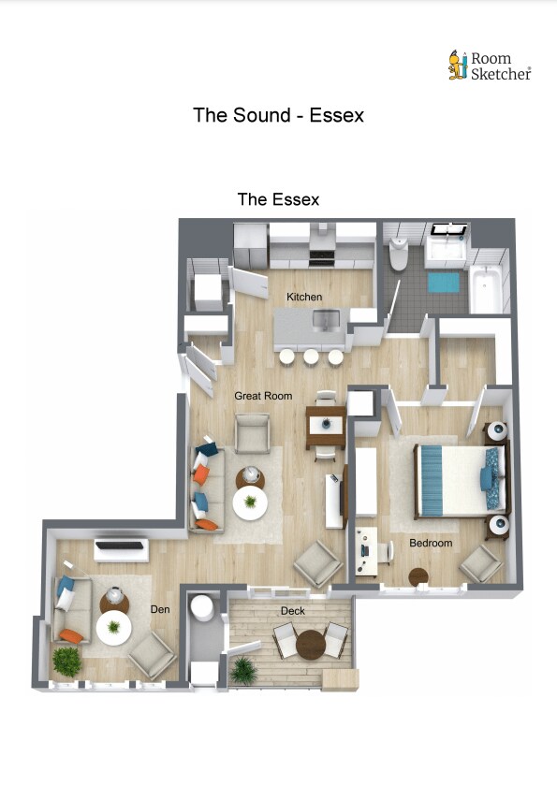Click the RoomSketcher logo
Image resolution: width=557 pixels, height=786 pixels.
(490, 65)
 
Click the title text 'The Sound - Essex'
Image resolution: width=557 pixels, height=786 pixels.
(278, 115)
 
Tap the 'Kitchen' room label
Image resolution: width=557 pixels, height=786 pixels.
(304, 297)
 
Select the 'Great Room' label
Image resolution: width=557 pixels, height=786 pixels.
(263, 396)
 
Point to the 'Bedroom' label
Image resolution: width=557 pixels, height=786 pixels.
(431, 543)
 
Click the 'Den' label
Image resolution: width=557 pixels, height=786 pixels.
(160, 609)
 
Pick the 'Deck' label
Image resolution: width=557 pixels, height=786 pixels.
(293, 611)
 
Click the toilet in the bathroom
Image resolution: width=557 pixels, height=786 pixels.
(399, 254)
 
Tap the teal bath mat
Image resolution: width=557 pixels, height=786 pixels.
(443, 283)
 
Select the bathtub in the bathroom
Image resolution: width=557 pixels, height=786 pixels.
(486, 289)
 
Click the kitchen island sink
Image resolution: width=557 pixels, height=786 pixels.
(327, 320)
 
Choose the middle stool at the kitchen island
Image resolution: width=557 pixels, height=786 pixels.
(311, 357)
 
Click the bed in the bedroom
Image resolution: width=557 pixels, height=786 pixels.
(459, 481)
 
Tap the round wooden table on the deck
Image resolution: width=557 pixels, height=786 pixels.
(311, 645)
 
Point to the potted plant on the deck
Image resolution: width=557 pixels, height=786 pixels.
(243, 670)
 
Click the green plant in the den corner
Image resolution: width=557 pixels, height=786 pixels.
(66, 662)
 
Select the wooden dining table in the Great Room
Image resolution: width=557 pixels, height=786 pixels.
(326, 427)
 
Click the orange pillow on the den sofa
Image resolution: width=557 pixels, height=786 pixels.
(71, 636)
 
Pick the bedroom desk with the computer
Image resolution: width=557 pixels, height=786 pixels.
(366, 551)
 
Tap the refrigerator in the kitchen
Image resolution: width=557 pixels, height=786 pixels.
(250, 245)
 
